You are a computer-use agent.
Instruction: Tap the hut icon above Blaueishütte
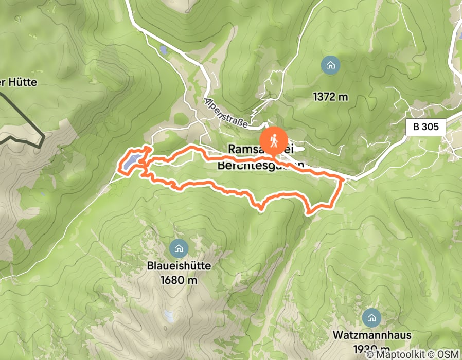pyautogui.click(x=179, y=248)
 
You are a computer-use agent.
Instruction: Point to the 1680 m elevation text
pyautogui.click(x=179, y=280)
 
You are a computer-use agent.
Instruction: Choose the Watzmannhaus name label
pyautogui.click(x=371, y=335)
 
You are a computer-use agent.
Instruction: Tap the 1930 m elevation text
pyautogui.click(x=371, y=348)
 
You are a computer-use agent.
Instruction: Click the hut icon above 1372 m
pyautogui.click(x=330, y=65)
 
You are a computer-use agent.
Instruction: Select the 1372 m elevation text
pyautogui.click(x=330, y=96)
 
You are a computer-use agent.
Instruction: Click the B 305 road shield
pyautogui.click(x=425, y=127)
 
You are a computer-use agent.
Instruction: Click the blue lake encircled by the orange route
pyautogui.click(x=131, y=162)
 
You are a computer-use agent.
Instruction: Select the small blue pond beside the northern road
pyautogui.click(x=163, y=50)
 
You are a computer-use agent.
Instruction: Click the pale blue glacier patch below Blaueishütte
pyautogui.click(x=168, y=316)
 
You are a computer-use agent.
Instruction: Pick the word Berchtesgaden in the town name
pyautogui.click(x=260, y=165)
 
